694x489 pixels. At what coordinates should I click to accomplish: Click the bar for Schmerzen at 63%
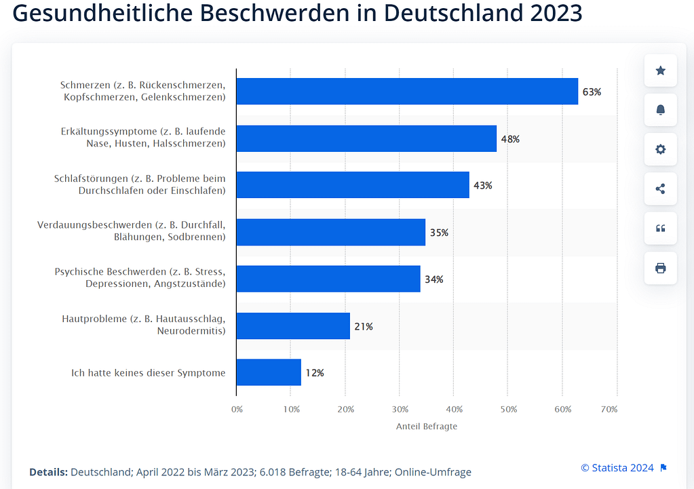407,92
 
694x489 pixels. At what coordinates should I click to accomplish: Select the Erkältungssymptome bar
366,138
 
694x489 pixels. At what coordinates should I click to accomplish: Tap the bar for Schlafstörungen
353,185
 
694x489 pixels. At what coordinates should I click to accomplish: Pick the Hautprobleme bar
293,326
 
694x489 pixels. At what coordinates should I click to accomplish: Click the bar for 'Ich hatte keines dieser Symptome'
269,372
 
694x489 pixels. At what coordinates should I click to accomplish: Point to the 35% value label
439,233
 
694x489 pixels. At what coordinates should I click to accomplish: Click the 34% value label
434,279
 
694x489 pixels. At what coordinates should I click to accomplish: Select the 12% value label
315,372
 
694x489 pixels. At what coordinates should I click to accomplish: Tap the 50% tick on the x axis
509,410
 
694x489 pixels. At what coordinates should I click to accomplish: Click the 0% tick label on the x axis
237,410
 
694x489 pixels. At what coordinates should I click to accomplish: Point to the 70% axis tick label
609,410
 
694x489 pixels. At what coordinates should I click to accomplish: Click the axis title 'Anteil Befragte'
427,427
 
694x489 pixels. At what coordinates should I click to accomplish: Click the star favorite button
660,71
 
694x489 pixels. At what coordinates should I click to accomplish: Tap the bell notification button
660,110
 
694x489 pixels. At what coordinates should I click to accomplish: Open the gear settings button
660,149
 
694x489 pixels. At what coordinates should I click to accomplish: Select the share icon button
660,189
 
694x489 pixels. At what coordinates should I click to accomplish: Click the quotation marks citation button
660,229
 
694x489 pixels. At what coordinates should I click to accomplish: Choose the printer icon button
660,268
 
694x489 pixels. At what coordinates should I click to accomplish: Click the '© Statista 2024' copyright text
617,468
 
